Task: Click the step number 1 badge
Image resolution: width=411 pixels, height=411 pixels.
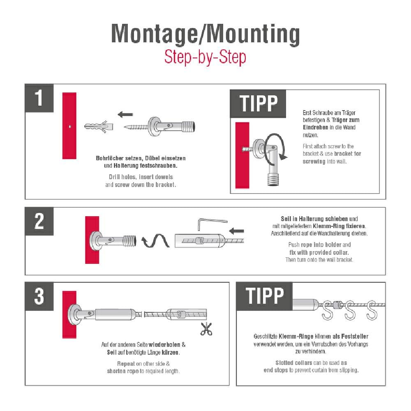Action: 39,98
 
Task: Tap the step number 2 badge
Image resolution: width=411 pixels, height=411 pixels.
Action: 39,221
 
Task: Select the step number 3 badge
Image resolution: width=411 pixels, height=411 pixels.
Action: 39,296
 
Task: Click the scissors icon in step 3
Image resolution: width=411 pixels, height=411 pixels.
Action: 206,329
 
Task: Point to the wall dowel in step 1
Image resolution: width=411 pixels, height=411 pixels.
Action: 99,127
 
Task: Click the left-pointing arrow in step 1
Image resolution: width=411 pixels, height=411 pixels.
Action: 125,114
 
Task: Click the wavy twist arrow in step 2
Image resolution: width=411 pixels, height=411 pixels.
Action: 155,240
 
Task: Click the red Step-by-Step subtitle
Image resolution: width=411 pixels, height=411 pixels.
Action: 205,57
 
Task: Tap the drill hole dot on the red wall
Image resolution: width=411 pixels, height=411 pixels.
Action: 70,126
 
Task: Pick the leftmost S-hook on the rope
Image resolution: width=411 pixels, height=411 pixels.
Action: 328,310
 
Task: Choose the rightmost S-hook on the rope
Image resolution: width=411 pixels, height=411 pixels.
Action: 372,310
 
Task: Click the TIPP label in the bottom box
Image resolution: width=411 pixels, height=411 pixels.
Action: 264,296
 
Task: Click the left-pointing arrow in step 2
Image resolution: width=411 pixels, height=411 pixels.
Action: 236,231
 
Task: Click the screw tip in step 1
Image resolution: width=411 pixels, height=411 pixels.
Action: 125,127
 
